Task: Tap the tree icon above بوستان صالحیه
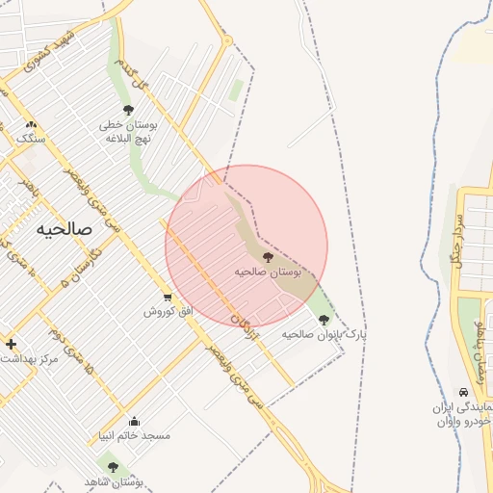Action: coord(268,257)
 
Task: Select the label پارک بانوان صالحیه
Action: coord(324,334)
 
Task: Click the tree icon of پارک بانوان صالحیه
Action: coord(324,320)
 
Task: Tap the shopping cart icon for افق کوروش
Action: coord(169,298)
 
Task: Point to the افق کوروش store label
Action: coord(169,311)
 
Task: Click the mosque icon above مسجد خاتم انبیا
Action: coord(134,421)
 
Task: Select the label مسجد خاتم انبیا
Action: coord(133,435)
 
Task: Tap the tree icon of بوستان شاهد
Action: coord(113,467)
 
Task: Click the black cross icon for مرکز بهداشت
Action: coord(11,344)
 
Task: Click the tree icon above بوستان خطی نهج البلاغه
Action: coord(129,111)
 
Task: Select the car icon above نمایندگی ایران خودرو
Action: coord(464,393)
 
